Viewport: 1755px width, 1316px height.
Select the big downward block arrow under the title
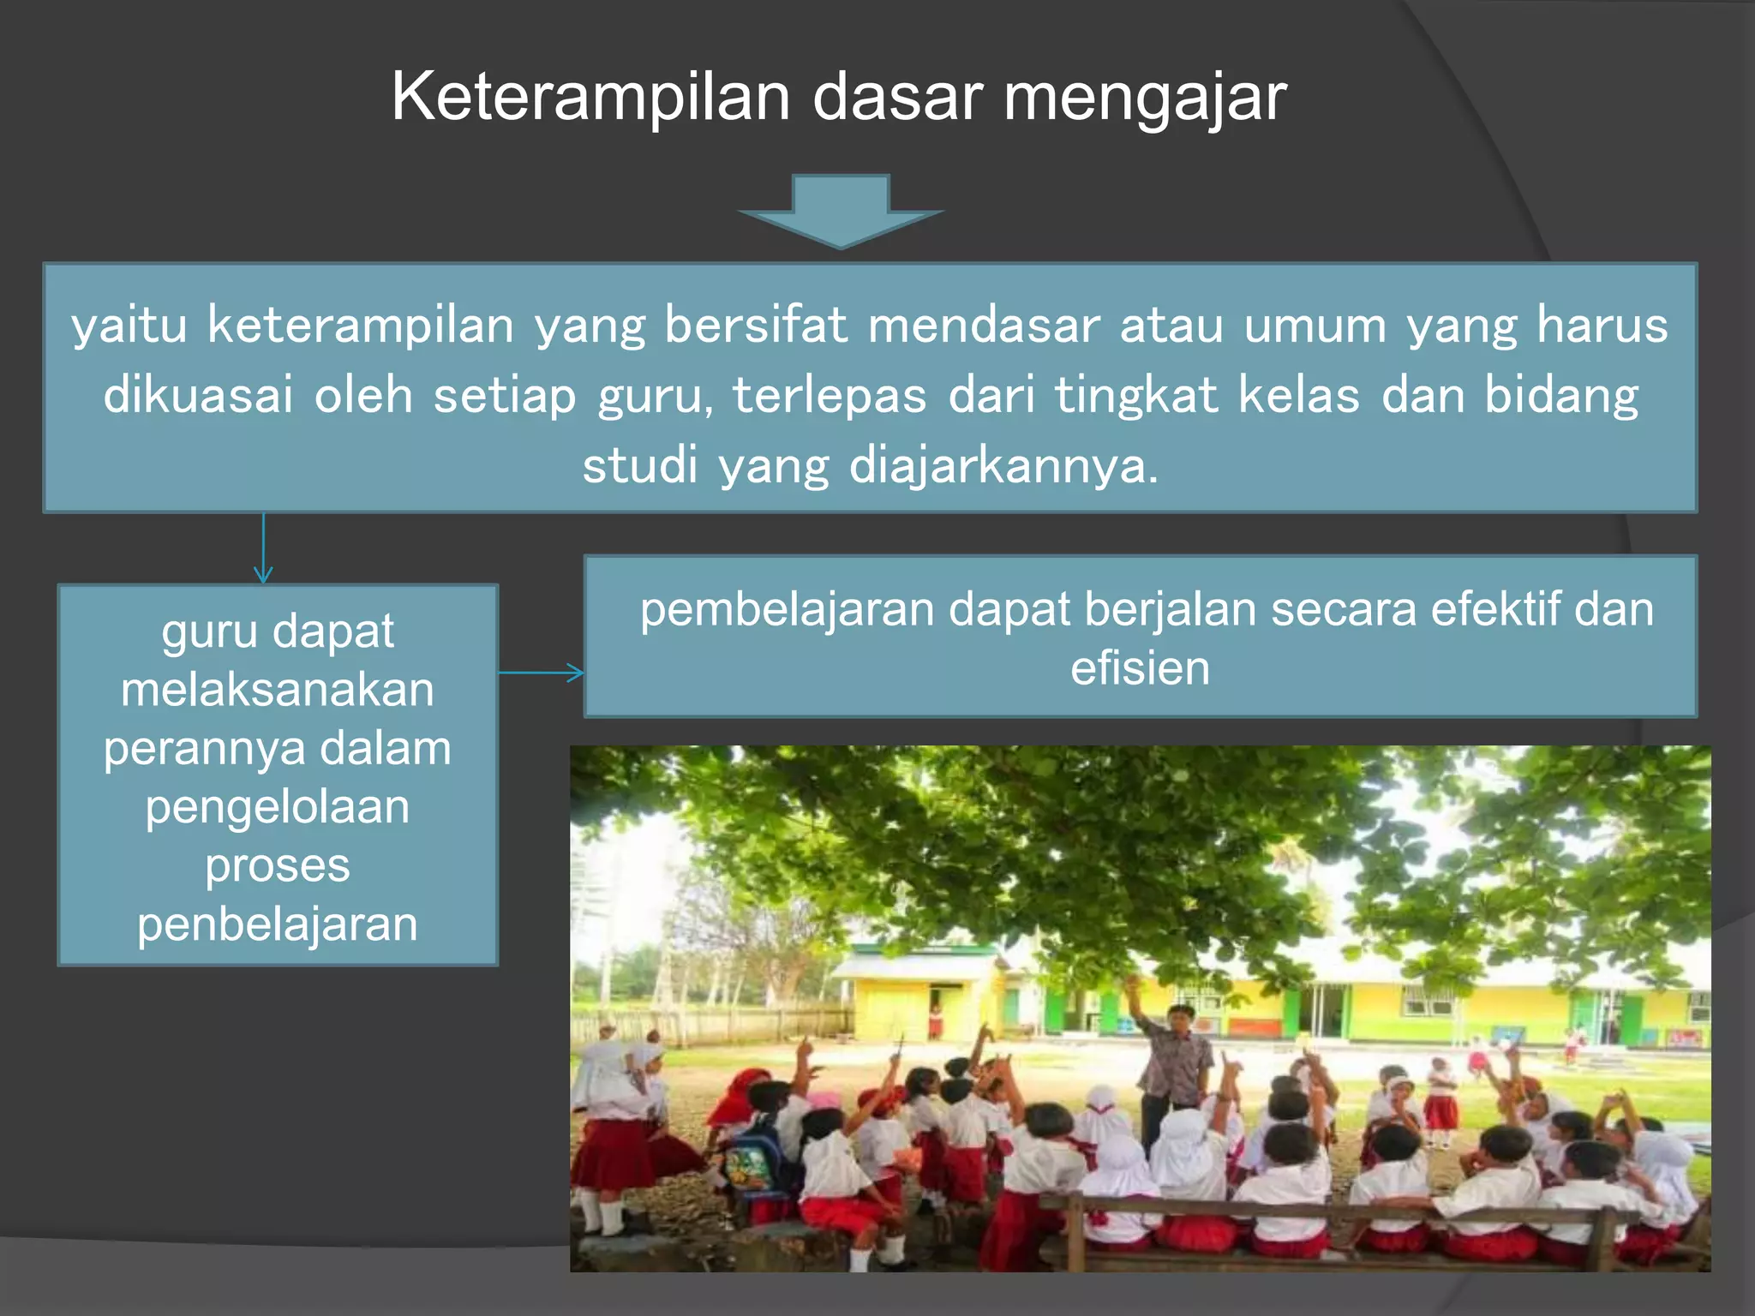(840, 212)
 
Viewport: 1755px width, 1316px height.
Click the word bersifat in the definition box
(757, 326)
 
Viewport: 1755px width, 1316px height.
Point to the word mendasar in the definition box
(984, 326)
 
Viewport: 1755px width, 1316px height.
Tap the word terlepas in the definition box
(830, 396)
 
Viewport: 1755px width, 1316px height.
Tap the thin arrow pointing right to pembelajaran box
(542, 673)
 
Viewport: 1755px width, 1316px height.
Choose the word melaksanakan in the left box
(278, 690)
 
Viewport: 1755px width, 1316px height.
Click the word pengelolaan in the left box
(278, 807)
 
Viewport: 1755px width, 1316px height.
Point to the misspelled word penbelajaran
(278, 924)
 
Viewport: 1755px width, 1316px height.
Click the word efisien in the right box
(1140, 668)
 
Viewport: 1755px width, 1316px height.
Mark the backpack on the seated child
(749, 1161)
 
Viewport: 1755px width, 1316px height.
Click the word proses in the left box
(278, 865)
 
